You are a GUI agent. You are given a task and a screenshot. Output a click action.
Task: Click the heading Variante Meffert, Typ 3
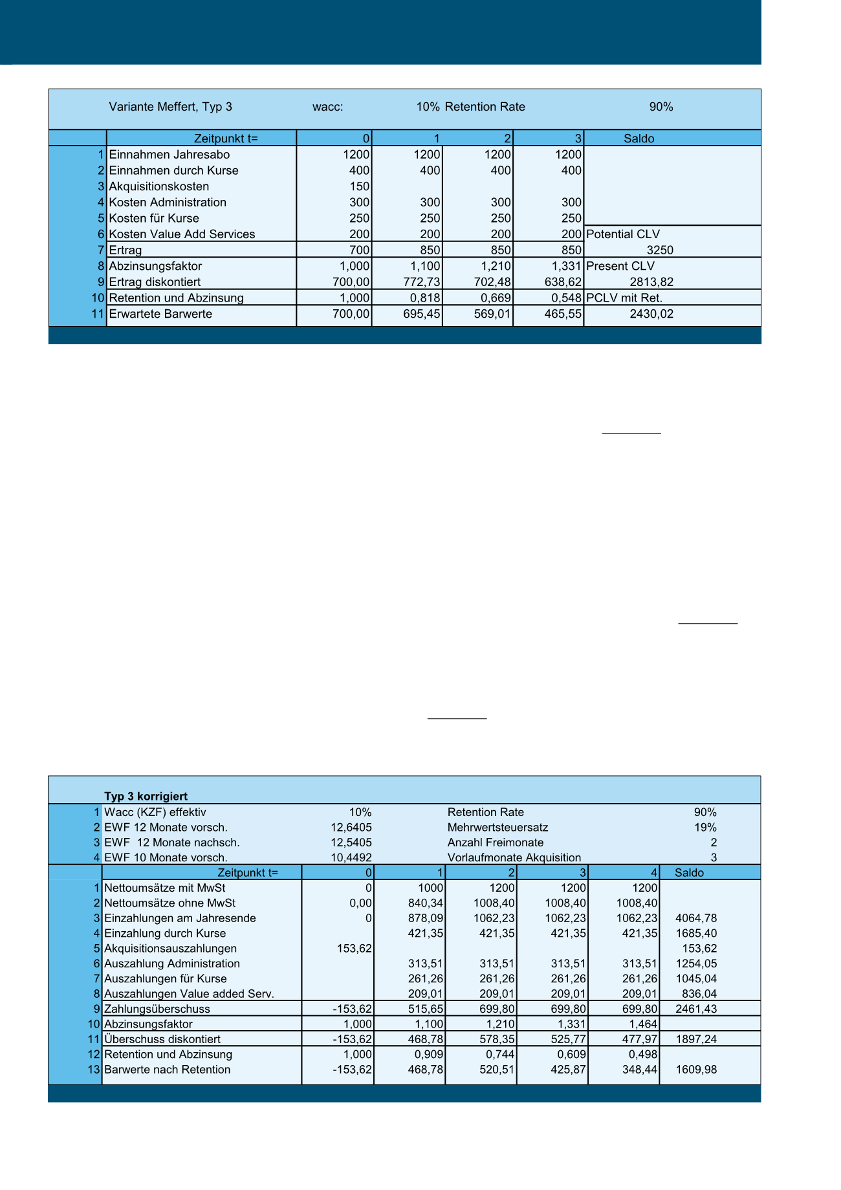[x=170, y=107]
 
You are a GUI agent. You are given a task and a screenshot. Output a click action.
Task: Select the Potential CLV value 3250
[x=660, y=250]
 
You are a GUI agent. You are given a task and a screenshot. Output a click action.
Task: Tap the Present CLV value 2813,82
[x=651, y=282]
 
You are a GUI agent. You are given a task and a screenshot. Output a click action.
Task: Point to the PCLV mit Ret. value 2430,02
[x=651, y=314]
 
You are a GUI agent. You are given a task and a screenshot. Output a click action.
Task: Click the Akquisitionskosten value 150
[x=360, y=186]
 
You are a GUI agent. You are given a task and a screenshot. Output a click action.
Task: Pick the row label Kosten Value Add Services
[x=182, y=234]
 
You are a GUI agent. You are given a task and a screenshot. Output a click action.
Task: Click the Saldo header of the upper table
[x=639, y=138]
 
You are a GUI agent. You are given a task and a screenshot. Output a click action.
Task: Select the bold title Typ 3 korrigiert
[x=146, y=797]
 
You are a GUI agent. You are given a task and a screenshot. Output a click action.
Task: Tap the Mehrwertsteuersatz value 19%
[x=705, y=828]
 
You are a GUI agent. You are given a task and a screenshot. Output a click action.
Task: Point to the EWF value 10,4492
[x=351, y=858]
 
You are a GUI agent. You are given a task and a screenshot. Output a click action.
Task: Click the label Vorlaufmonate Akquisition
[x=514, y=858]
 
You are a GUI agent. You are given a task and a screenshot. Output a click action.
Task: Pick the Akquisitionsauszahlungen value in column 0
[x=355, y=949]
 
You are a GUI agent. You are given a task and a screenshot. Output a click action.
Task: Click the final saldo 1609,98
[x=696, y=1070]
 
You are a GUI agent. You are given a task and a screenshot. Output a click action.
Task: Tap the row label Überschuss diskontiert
[x=162, y=1039]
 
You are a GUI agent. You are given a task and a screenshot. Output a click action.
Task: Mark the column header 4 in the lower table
[x=654, y=873]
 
